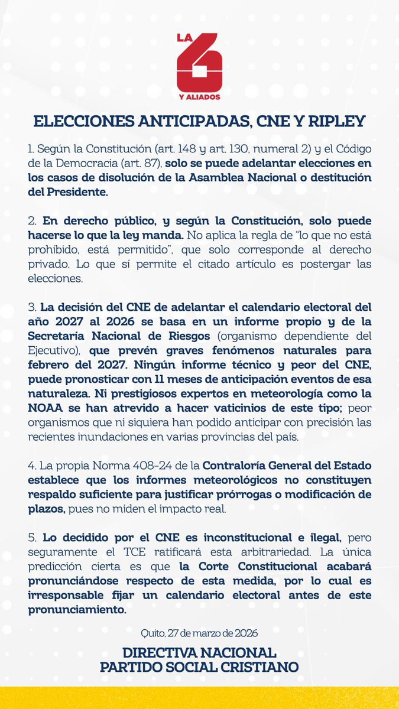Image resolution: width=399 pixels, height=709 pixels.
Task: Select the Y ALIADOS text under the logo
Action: pyautogui.click(x=199, y=96)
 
